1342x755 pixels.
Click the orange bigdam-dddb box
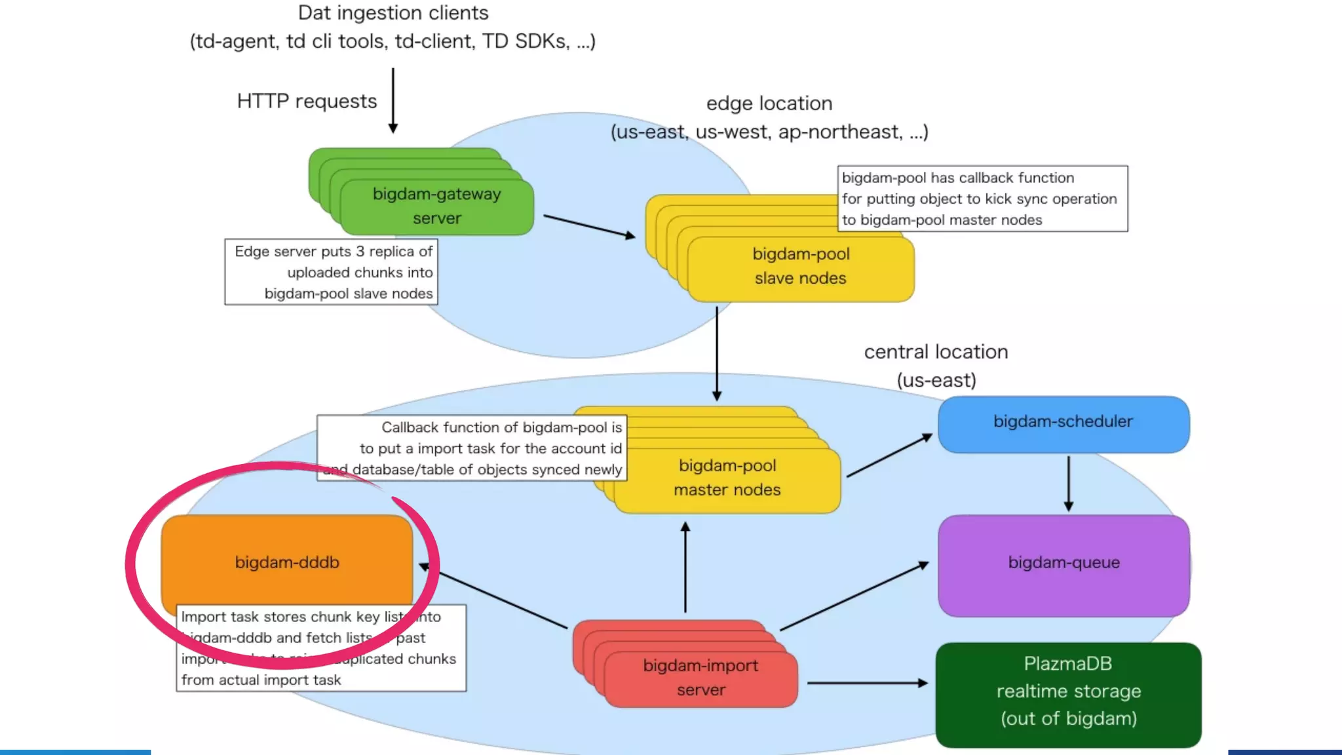click(x=286, y=562)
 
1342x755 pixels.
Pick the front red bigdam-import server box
click(x=700, y=678)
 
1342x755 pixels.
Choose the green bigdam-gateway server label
click(x=436, y=206)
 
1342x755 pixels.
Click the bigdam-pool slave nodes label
click(x=800, y=266)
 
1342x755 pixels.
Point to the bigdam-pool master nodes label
click(x=727, y=478)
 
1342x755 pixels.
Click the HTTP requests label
click(x=307, y=102)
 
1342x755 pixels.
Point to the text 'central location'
click(x=936, y=352)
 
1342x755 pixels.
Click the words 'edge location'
click(x=769, y=104)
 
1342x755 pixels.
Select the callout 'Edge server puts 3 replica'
click(x=331, y=272)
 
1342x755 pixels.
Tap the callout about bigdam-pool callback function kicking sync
click(x=982, y=199)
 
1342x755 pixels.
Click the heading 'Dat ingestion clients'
click(x=393, y=13)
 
